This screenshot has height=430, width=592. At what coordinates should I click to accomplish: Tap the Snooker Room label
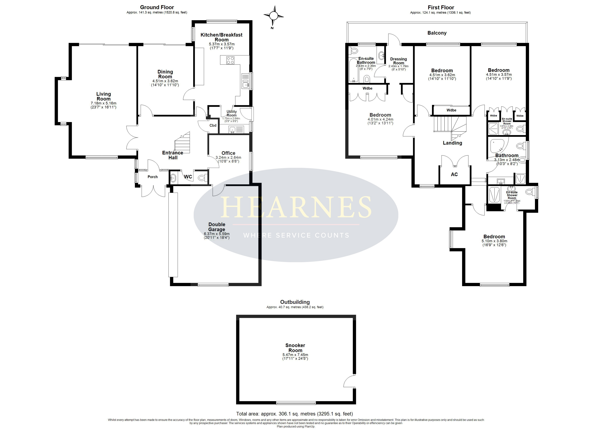295,348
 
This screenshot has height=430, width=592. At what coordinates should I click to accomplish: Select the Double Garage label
217,227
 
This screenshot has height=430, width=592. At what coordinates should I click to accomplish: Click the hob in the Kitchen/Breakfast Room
230,60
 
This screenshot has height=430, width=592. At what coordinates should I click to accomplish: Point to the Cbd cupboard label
213,125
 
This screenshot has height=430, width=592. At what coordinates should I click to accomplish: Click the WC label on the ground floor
188,177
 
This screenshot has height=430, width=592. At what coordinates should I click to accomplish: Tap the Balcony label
437,33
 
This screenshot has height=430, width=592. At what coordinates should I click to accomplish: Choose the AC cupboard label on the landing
454,175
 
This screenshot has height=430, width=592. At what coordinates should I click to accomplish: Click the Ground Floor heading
157,7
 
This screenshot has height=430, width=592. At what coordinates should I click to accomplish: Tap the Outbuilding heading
295,302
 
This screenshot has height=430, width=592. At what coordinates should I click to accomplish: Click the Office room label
228,153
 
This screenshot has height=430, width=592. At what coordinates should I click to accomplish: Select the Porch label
153,177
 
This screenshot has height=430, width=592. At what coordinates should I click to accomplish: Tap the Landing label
452,143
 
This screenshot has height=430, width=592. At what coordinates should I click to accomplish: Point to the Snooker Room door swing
349,381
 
